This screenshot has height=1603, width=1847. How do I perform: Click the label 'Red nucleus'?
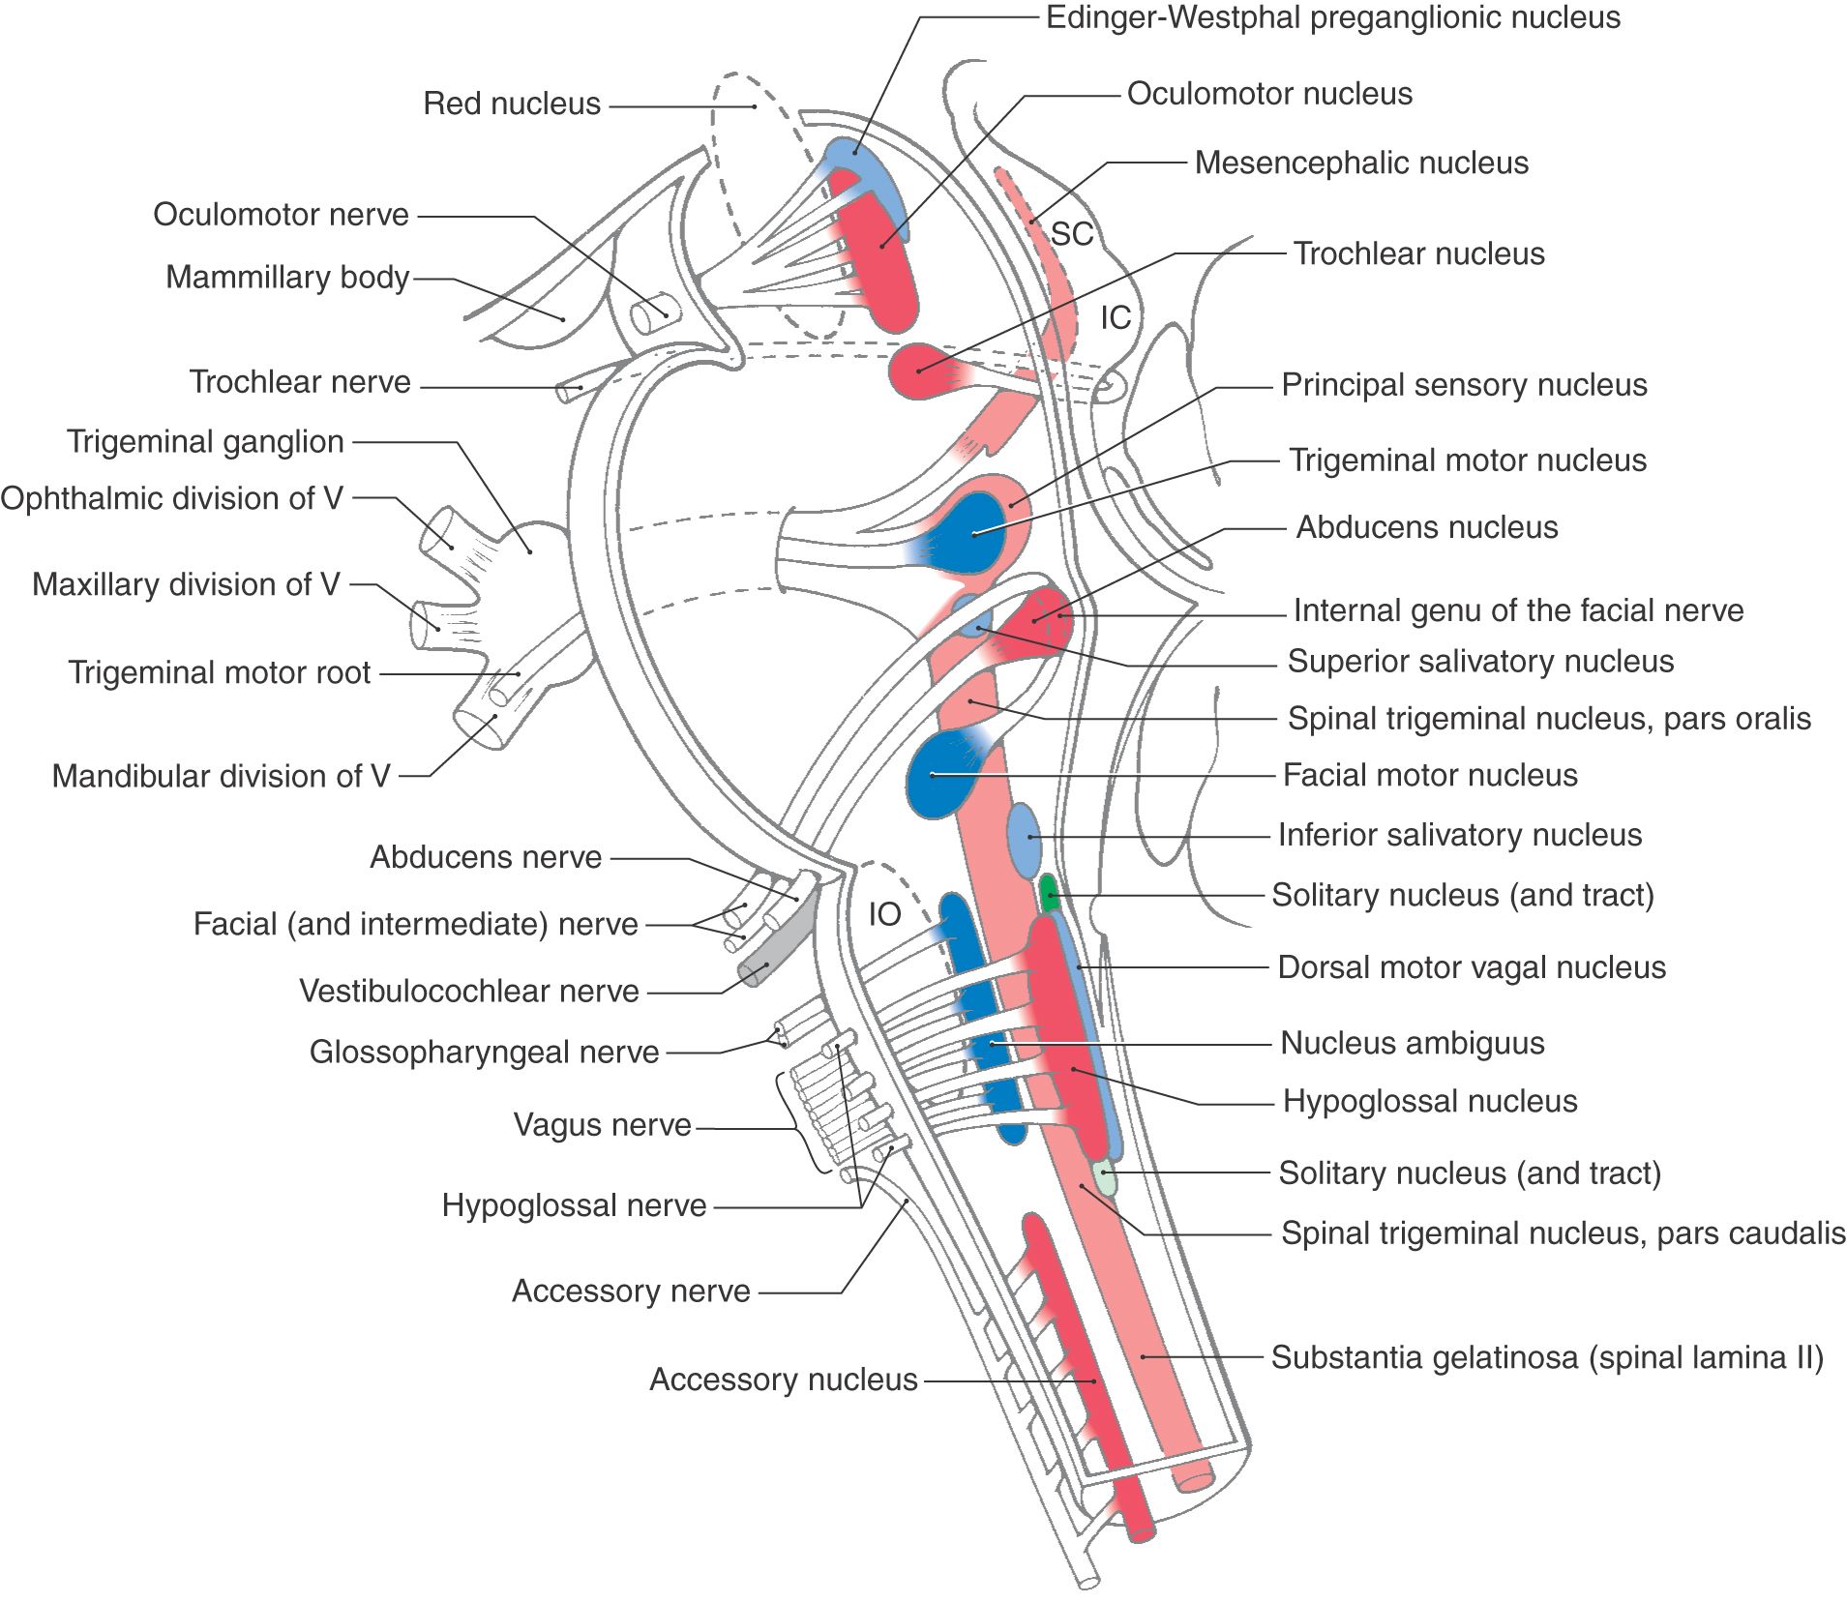click(x=512, y=104)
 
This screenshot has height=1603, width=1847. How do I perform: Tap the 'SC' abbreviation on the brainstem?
click(x=1072, y=234)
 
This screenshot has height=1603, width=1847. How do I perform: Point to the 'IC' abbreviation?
click(x=1116, y=317)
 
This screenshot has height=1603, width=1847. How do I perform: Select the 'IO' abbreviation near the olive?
click(x=884, y=914)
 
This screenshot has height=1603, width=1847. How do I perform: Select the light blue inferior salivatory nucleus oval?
click(x=1025, y=838)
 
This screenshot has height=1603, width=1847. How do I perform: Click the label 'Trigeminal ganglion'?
click(x=205, y=442)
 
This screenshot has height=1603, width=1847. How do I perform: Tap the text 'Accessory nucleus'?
click(x=783, y=1380)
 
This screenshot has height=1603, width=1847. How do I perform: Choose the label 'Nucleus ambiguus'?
click(x=1412, y=1043)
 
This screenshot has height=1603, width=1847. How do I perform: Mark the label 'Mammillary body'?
click(x=287, y=278)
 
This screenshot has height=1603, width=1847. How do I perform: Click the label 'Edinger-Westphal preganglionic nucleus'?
click(x=1332, y=17)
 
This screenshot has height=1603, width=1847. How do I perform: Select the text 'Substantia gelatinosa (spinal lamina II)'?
click(x=1546, y=1357)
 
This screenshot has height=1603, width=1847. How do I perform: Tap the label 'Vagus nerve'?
click(x=602, y=1125)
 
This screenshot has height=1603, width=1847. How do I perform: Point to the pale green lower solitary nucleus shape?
click(x=1105, y=1177)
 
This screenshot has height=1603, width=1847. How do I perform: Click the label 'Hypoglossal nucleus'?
click(x=1429, y=1101)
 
